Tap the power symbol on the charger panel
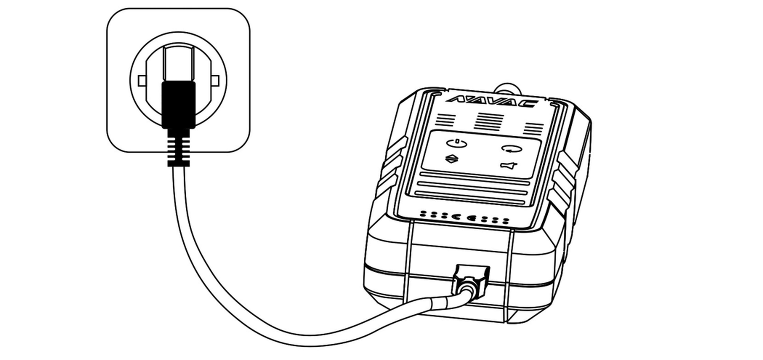[457, 143]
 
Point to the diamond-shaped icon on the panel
[452, 158]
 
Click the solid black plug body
[178, 105]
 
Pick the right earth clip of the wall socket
[215, 80]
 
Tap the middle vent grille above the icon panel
[489, 121]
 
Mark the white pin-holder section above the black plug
[179, 64]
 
